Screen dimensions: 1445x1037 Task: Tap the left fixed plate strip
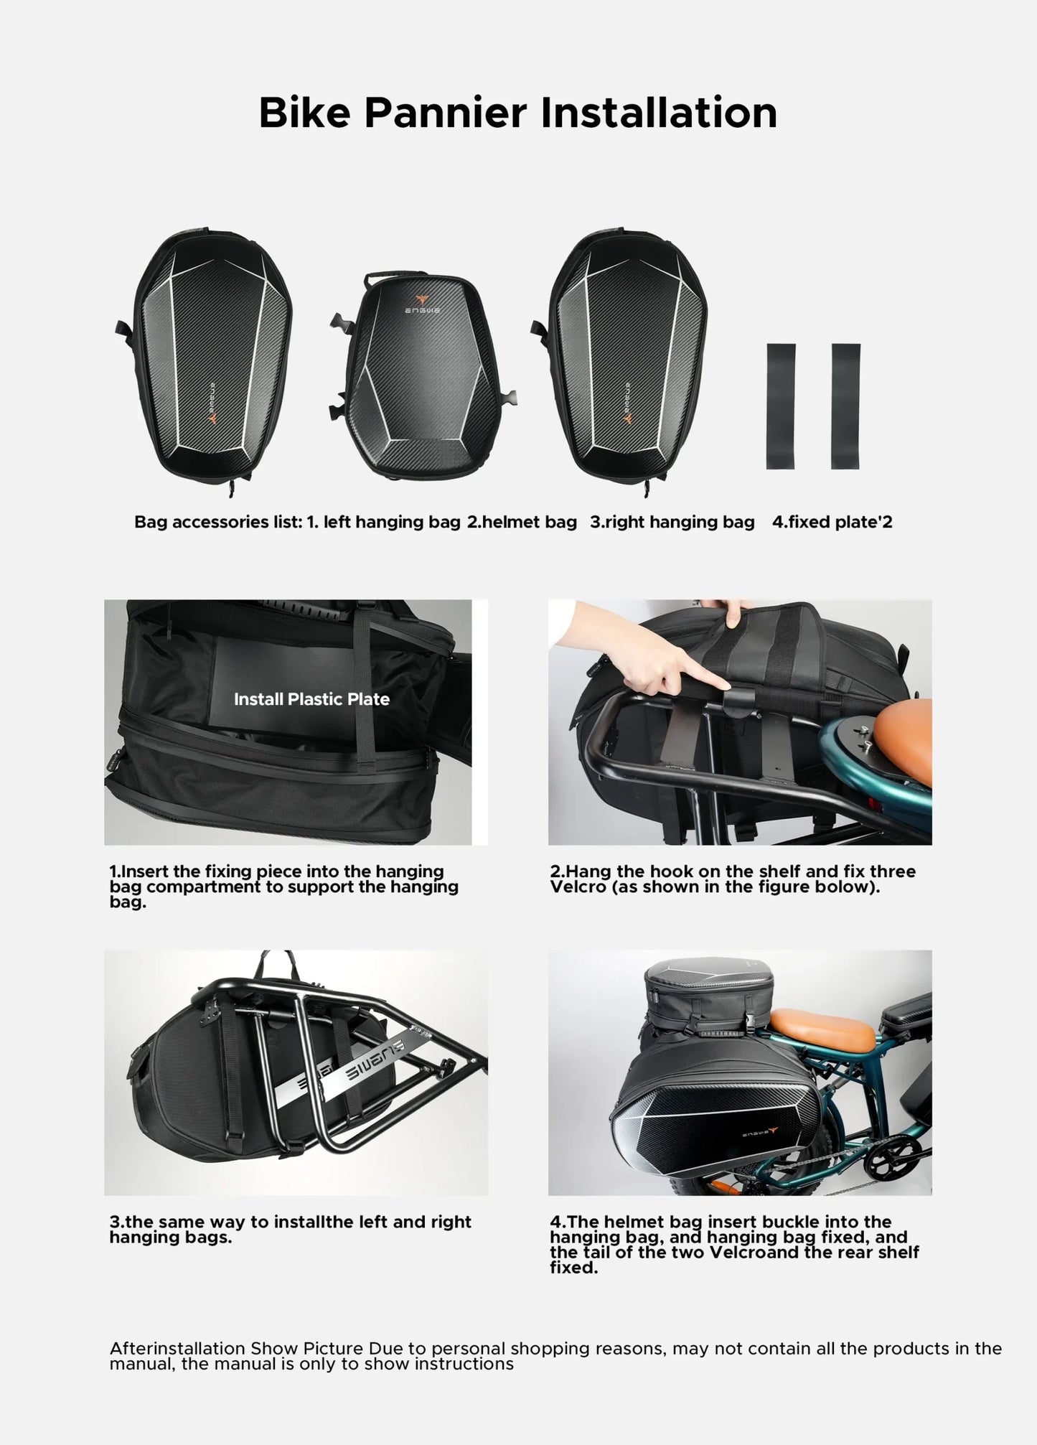coord(781,406)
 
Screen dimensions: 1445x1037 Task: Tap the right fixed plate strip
coord(845,406)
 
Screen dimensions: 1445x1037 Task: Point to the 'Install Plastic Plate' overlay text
coord(311,699)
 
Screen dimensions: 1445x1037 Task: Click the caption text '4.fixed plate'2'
coord(832,522)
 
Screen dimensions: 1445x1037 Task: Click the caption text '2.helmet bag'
coord(522,522)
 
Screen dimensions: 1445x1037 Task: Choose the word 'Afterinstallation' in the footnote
coord(177,1348)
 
